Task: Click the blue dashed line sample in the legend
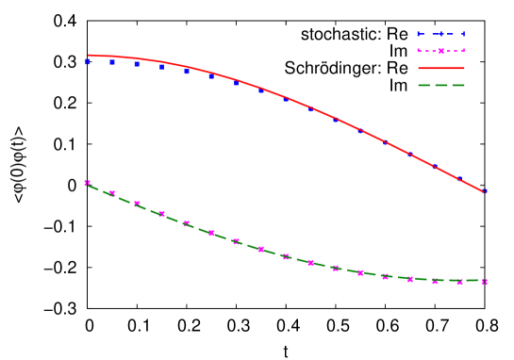click(x=441, y=34)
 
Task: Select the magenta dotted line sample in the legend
click(x=441, y=51)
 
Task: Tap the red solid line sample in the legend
click(x=441, y=68)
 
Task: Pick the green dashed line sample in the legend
click(x=441, y=85)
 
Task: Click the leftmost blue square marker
click(x=88, y=62)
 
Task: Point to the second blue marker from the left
click(x=112, y=63)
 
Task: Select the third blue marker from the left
click(x=137, y=65)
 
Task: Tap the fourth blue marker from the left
click(x=161, y=67)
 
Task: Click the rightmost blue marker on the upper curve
click(x=485, y=191)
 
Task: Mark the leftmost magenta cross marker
click(x=88, y=183)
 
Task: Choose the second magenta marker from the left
click(x=112, y=193)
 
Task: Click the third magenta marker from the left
click(x=137, y=204)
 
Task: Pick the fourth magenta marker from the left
click(x=161, y=214)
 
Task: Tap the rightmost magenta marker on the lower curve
click(x=485, y=281)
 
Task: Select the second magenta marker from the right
click(x=460, y=281)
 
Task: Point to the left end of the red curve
click(x=88, y=56)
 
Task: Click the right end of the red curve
click(x=485, y=192)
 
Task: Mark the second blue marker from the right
click(x=460, y=178)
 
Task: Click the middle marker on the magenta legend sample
click(x=441, y=51)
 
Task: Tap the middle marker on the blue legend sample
click(x=441, y=34)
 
